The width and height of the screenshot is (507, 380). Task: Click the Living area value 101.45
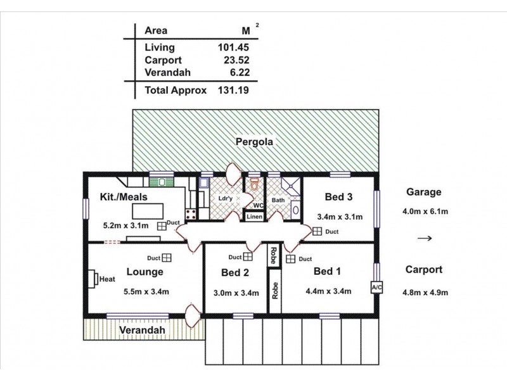pos(231,47)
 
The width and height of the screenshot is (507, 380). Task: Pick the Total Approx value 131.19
pos(231,91)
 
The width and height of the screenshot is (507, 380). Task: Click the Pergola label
pos(254,142)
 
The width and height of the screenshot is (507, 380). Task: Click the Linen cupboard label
pos(255,217)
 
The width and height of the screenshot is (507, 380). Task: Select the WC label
pos(259,205)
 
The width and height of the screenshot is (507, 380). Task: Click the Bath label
pos(278,201)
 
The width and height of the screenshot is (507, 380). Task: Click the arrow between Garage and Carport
pos(425,239)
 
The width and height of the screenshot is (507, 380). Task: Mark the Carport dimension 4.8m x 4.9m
pos(426,292)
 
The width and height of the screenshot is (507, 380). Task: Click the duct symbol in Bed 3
pos(316,232)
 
